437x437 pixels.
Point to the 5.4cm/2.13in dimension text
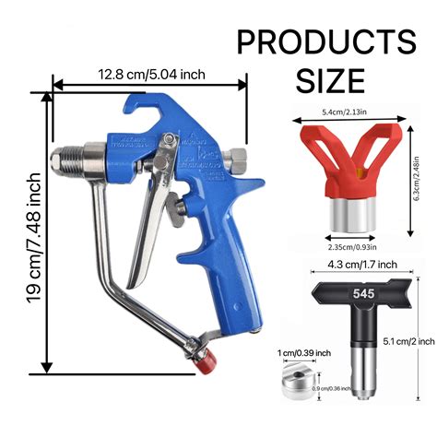[349, 112]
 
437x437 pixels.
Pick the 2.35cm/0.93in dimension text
[350, 246]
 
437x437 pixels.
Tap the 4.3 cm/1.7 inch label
[349, 265]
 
